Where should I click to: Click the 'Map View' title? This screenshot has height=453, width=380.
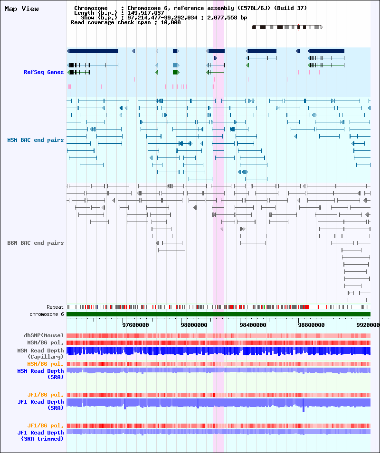pyautogui.click(x=21, y=9)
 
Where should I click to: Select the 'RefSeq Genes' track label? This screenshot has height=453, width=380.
pyautogui.click(x=44, y=72)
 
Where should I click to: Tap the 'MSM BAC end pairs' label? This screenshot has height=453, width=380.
pyautogui.click(x=36, y=140)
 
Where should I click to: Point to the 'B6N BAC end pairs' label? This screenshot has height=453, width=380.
pyautogui.click(x=36, y=243)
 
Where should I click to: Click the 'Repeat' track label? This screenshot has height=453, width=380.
pyautogui.click(x=55, y=307)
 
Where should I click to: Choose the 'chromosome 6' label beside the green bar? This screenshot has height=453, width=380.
pyautogui.click(x=47, y=314)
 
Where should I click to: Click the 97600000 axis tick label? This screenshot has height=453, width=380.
pyautogui.click(x=136, y=325)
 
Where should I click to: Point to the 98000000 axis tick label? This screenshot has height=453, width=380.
pyautogui.click(x=194, y=325)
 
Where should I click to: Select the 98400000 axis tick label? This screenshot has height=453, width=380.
pyautogui.click(x=253, y=325)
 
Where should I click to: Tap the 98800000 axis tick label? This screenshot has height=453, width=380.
pyautogui.click(x=312, y=325)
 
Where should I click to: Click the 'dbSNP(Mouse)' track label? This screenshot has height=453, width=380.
pyautogui.click(x=44, y=335)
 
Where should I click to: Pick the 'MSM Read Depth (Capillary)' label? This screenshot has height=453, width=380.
pyautogui.click(x=40, y=353)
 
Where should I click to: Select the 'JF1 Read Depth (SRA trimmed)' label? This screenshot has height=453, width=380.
pyautogui.click(x=40, y=435)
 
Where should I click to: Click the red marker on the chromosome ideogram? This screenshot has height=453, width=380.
pyautogui.click(x=298, y=27)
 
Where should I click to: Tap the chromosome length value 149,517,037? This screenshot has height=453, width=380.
pyautogui.click(x=145, y=13)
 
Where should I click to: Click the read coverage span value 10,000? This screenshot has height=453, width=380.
pyautogui.click(x=171, y=23)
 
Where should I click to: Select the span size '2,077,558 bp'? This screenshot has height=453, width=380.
pyautogui.click(x=228, y=18)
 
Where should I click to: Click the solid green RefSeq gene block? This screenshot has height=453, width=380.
pyautogui.click(x=176, y=72)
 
